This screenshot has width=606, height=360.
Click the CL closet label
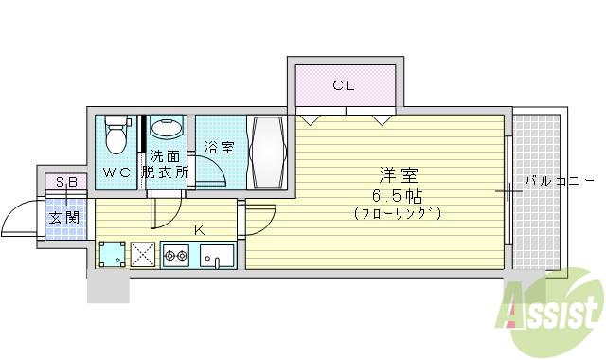343,85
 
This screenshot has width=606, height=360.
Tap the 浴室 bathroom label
219,148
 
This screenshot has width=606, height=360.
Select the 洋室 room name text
398,175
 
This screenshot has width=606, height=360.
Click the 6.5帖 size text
398,195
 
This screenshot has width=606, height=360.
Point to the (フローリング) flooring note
398,213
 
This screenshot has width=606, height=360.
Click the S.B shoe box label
65,182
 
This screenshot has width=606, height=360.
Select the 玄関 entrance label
64,217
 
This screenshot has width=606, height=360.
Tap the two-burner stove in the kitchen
177,255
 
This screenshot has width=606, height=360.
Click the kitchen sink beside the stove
217,256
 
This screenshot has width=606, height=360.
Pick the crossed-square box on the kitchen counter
144,255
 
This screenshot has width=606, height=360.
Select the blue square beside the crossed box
113,255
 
